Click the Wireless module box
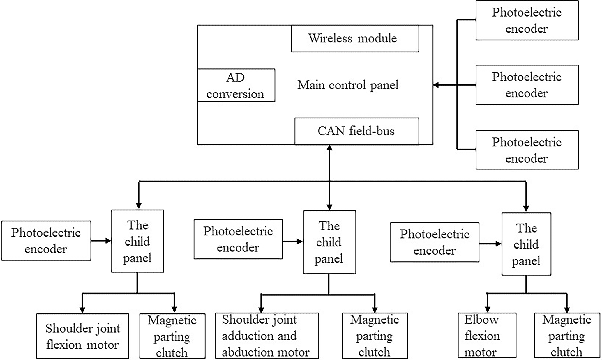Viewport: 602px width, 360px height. point(355,38)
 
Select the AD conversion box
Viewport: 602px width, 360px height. point(236,85)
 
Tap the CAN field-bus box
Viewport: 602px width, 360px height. point(356,131)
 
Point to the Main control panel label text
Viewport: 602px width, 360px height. point(348,85)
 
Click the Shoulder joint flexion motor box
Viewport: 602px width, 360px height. point(82,336)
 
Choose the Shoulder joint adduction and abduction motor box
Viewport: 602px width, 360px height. point(267,336)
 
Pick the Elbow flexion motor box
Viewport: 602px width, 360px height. point(487,335)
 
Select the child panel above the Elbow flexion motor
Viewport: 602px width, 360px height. point(526,244)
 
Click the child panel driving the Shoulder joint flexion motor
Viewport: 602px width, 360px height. point(137,241)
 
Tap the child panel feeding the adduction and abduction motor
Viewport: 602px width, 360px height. point(329,242)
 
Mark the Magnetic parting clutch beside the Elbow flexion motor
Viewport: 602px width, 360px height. point(567,335)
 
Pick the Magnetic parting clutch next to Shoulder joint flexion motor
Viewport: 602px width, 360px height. point(172,336)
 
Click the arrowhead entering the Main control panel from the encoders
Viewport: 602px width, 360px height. point(436,85)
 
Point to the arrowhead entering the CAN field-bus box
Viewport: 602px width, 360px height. point(329,148)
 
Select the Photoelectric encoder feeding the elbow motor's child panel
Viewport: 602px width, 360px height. point(434,242)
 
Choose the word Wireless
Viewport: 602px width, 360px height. point(330,38)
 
